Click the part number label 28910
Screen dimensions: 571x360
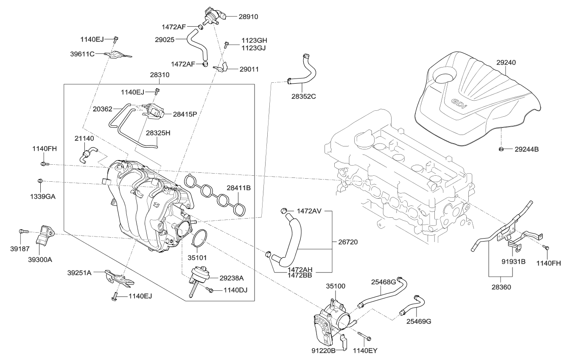point(248,17)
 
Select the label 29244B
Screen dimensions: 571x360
point(526,149)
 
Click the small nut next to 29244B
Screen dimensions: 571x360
point(501,149)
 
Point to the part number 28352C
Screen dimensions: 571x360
point(304,96)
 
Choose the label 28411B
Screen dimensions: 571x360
point(238,188)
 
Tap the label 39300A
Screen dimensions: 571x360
point(40,260)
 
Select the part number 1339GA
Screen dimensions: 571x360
point(42,197)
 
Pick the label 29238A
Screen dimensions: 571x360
point(232,278)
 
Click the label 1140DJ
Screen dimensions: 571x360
point(235,290)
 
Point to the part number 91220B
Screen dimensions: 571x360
point(324,351)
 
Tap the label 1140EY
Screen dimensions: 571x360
point(365,351)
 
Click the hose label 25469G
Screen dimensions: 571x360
point(419,321)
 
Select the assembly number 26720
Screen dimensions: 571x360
point(348,242)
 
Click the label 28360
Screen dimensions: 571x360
point(501,287)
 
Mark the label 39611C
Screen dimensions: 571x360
point(82,54)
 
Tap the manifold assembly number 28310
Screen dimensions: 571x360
point(160,75)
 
